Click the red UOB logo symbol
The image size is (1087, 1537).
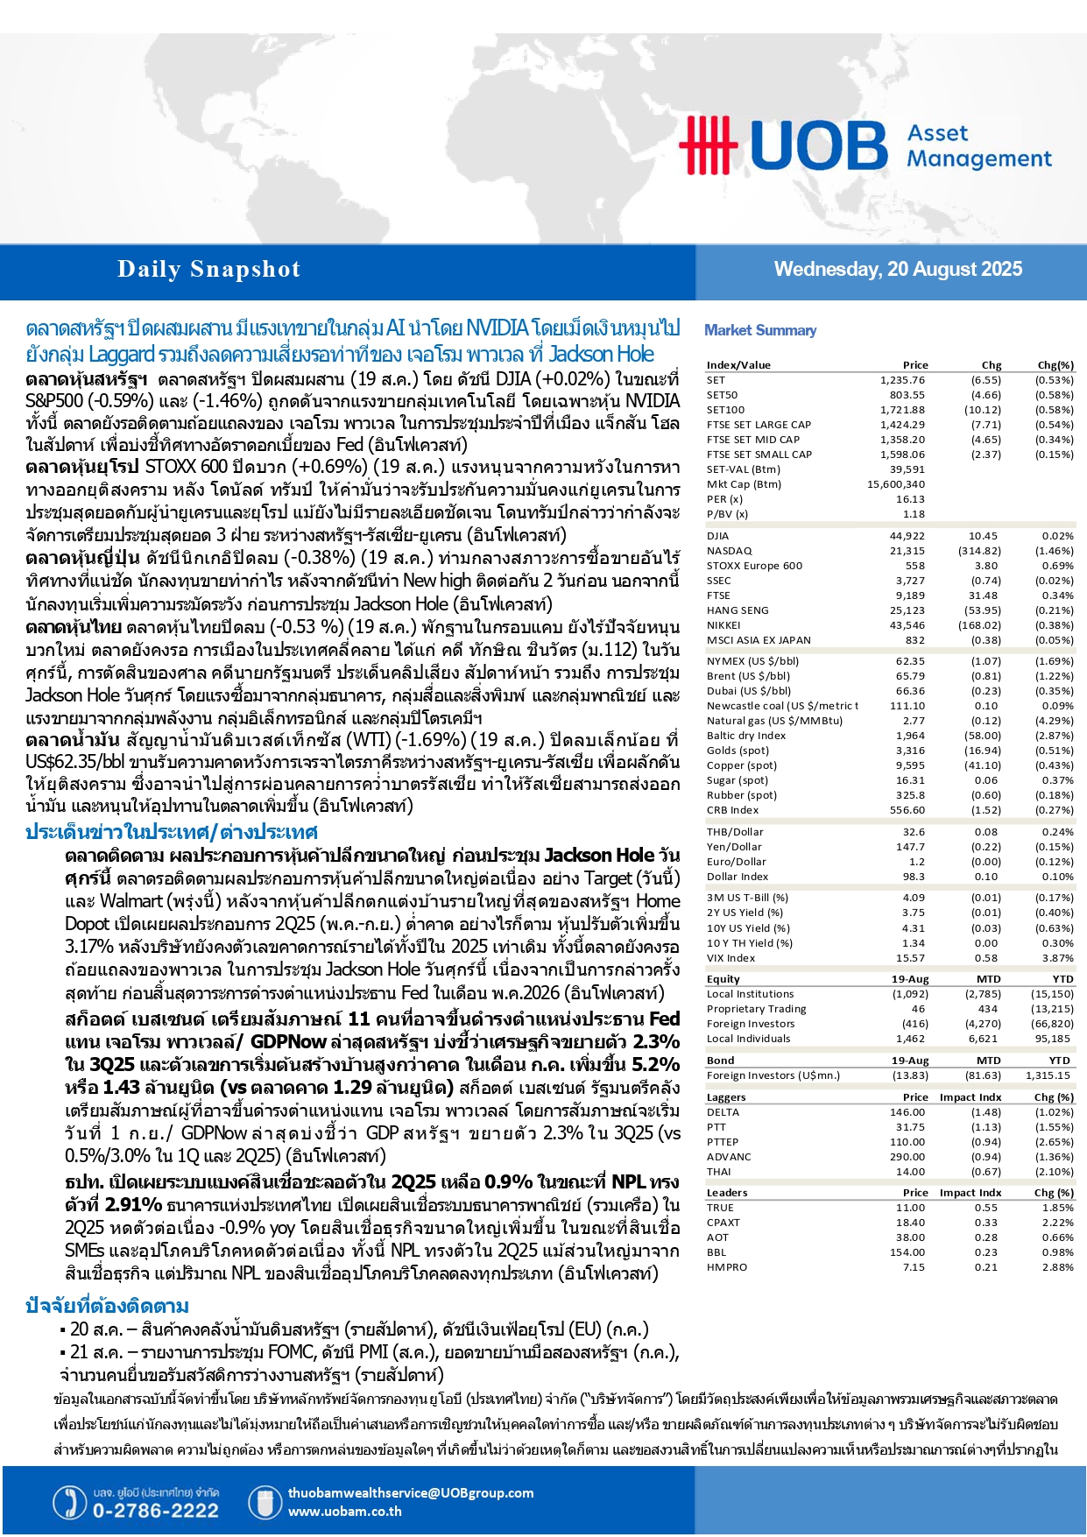[x=708, y=145]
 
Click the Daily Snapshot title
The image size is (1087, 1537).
[x=208, y=270]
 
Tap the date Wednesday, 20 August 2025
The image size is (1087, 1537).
[x=898, y=270]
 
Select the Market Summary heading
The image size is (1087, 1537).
[x=760, y=330]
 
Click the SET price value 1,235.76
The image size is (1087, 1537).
[x=902, y=380]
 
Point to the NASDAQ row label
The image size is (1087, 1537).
[x=729, y=551]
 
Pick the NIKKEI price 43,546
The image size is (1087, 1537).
[x=907, y=625]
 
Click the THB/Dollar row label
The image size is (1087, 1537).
[x=735, y=832]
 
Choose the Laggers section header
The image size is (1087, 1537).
[x=726, y=1097]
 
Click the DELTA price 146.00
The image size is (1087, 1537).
[x=907, y=1112]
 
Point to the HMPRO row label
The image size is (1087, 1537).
[x=727, y=1267]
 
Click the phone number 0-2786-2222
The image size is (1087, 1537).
[x=155, y=1511]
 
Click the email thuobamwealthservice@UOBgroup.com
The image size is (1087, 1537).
[x=410, y=1493]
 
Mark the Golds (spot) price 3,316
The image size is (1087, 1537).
[x=910, y=751]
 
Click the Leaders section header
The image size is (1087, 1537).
[x=727, y=1193]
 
